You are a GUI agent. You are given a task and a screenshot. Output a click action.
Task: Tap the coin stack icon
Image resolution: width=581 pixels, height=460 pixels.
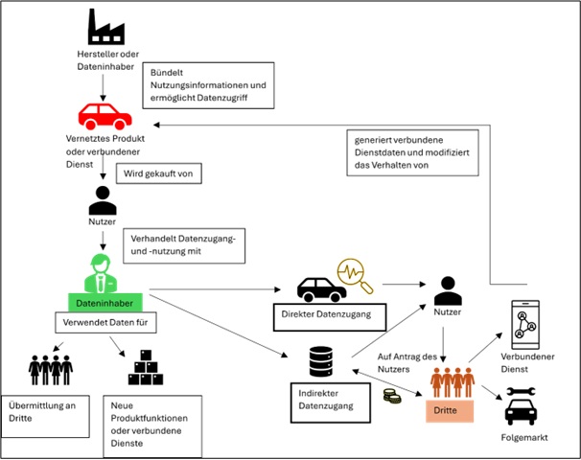pyautogui.click(x=391, y=397)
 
